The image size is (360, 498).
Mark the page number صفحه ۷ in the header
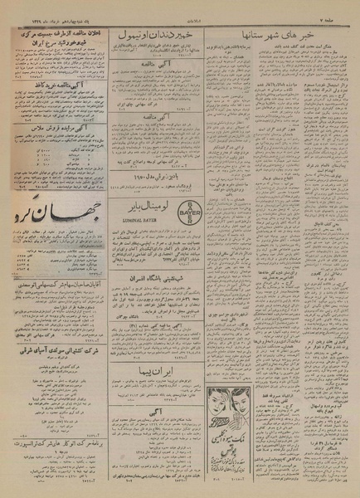click(x=336, y=17)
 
